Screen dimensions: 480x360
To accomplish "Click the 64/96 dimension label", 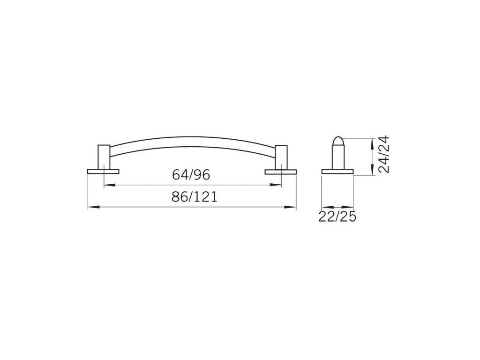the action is (x=191, y=175).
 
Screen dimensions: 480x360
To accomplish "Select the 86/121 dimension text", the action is (x=195, y=196).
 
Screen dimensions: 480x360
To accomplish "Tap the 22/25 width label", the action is (x=337, y=217).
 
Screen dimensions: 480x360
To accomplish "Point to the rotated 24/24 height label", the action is (x=384, y=154).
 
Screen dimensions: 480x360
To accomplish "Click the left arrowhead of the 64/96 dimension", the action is (x=110, y=185).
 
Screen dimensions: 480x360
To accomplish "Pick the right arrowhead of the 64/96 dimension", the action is (x=276, y=185).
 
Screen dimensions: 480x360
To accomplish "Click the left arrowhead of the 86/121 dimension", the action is (x=94, y=207).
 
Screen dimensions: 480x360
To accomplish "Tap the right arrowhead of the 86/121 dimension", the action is (x=290, y=207).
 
